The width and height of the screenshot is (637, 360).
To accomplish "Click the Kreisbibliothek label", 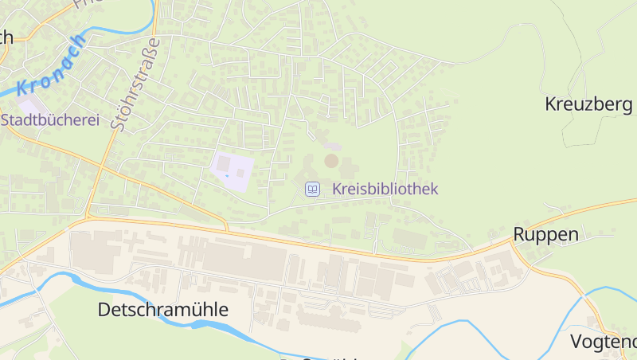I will pyautogui.click(x=385, y=190).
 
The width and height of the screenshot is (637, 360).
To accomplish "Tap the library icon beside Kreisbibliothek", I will pyautogui.click(x=313, y=190).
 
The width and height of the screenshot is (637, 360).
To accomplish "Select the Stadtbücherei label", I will pyautogui.click(x=50, y=120).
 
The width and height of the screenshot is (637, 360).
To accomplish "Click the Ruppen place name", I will pyautogui.click(x=545, y=234).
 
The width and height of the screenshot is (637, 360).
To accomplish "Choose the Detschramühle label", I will pyautogui.click(x=162, y=310).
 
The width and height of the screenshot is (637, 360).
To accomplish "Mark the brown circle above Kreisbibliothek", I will pyautogui.click(x=331, y=161).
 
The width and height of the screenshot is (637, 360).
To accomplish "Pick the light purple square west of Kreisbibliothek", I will pyautogui.click(x=233, y=170).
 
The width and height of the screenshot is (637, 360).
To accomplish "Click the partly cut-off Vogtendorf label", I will pyautogui.click(x=604, y=342).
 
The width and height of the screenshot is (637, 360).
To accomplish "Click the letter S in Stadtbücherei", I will pyautogui.click(x=7, y=120).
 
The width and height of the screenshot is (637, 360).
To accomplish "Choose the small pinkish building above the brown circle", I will pyautogui.click(x=332, y=147).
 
